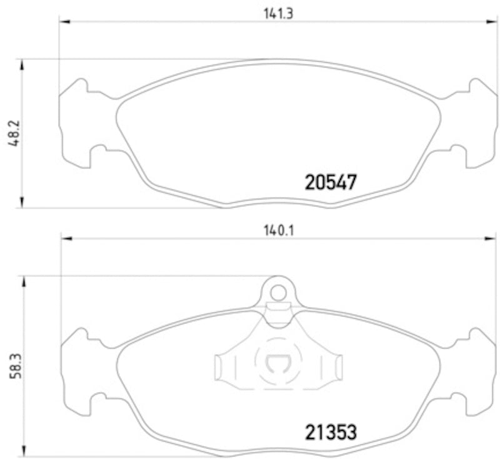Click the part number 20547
(x=331, y=183)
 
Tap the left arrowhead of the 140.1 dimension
(x=66, y=238)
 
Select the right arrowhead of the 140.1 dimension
(x=491, y=238)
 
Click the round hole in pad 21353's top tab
(x=278, y=291)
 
